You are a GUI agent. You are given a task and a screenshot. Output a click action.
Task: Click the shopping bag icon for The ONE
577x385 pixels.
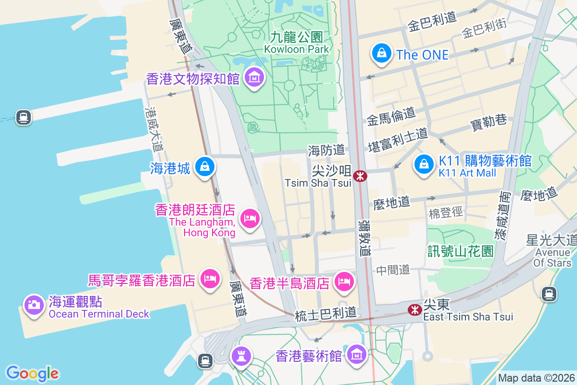coord(381,53)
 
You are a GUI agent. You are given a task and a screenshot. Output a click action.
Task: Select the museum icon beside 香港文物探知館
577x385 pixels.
coord(254,77)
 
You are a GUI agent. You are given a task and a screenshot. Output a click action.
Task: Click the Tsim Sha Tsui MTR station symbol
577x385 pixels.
coord(359,176)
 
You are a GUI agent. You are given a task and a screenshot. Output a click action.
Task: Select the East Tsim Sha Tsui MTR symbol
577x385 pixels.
coord(414,310)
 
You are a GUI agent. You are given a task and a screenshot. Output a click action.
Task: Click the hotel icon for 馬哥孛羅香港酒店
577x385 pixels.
coord(210,278)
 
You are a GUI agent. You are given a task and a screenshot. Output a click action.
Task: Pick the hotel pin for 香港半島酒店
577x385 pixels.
coord(344,281)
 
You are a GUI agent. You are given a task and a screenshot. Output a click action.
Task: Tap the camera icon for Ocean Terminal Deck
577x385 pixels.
coord(34,305)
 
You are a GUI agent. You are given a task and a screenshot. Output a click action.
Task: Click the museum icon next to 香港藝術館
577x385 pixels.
coord(357,355)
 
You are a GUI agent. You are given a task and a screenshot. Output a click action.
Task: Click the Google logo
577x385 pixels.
coord(32,373)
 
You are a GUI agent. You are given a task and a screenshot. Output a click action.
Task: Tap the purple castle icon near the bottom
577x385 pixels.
coord(240,356)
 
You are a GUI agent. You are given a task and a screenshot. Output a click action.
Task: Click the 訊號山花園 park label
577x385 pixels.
coord(461,251)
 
